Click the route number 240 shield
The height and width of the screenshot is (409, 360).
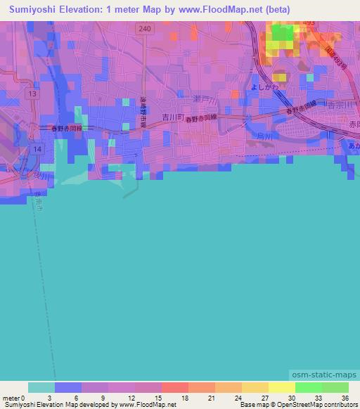(144, 29)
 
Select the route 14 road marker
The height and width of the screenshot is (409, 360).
(37, 149)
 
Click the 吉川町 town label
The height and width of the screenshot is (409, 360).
(172, 118)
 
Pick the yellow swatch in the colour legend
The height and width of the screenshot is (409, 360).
(281, 387)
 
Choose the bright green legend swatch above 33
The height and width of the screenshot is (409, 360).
(308, 387)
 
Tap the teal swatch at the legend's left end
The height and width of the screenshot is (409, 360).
(41, 387)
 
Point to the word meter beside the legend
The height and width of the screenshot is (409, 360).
(13, 397)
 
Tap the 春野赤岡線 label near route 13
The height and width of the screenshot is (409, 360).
(67, 128)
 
